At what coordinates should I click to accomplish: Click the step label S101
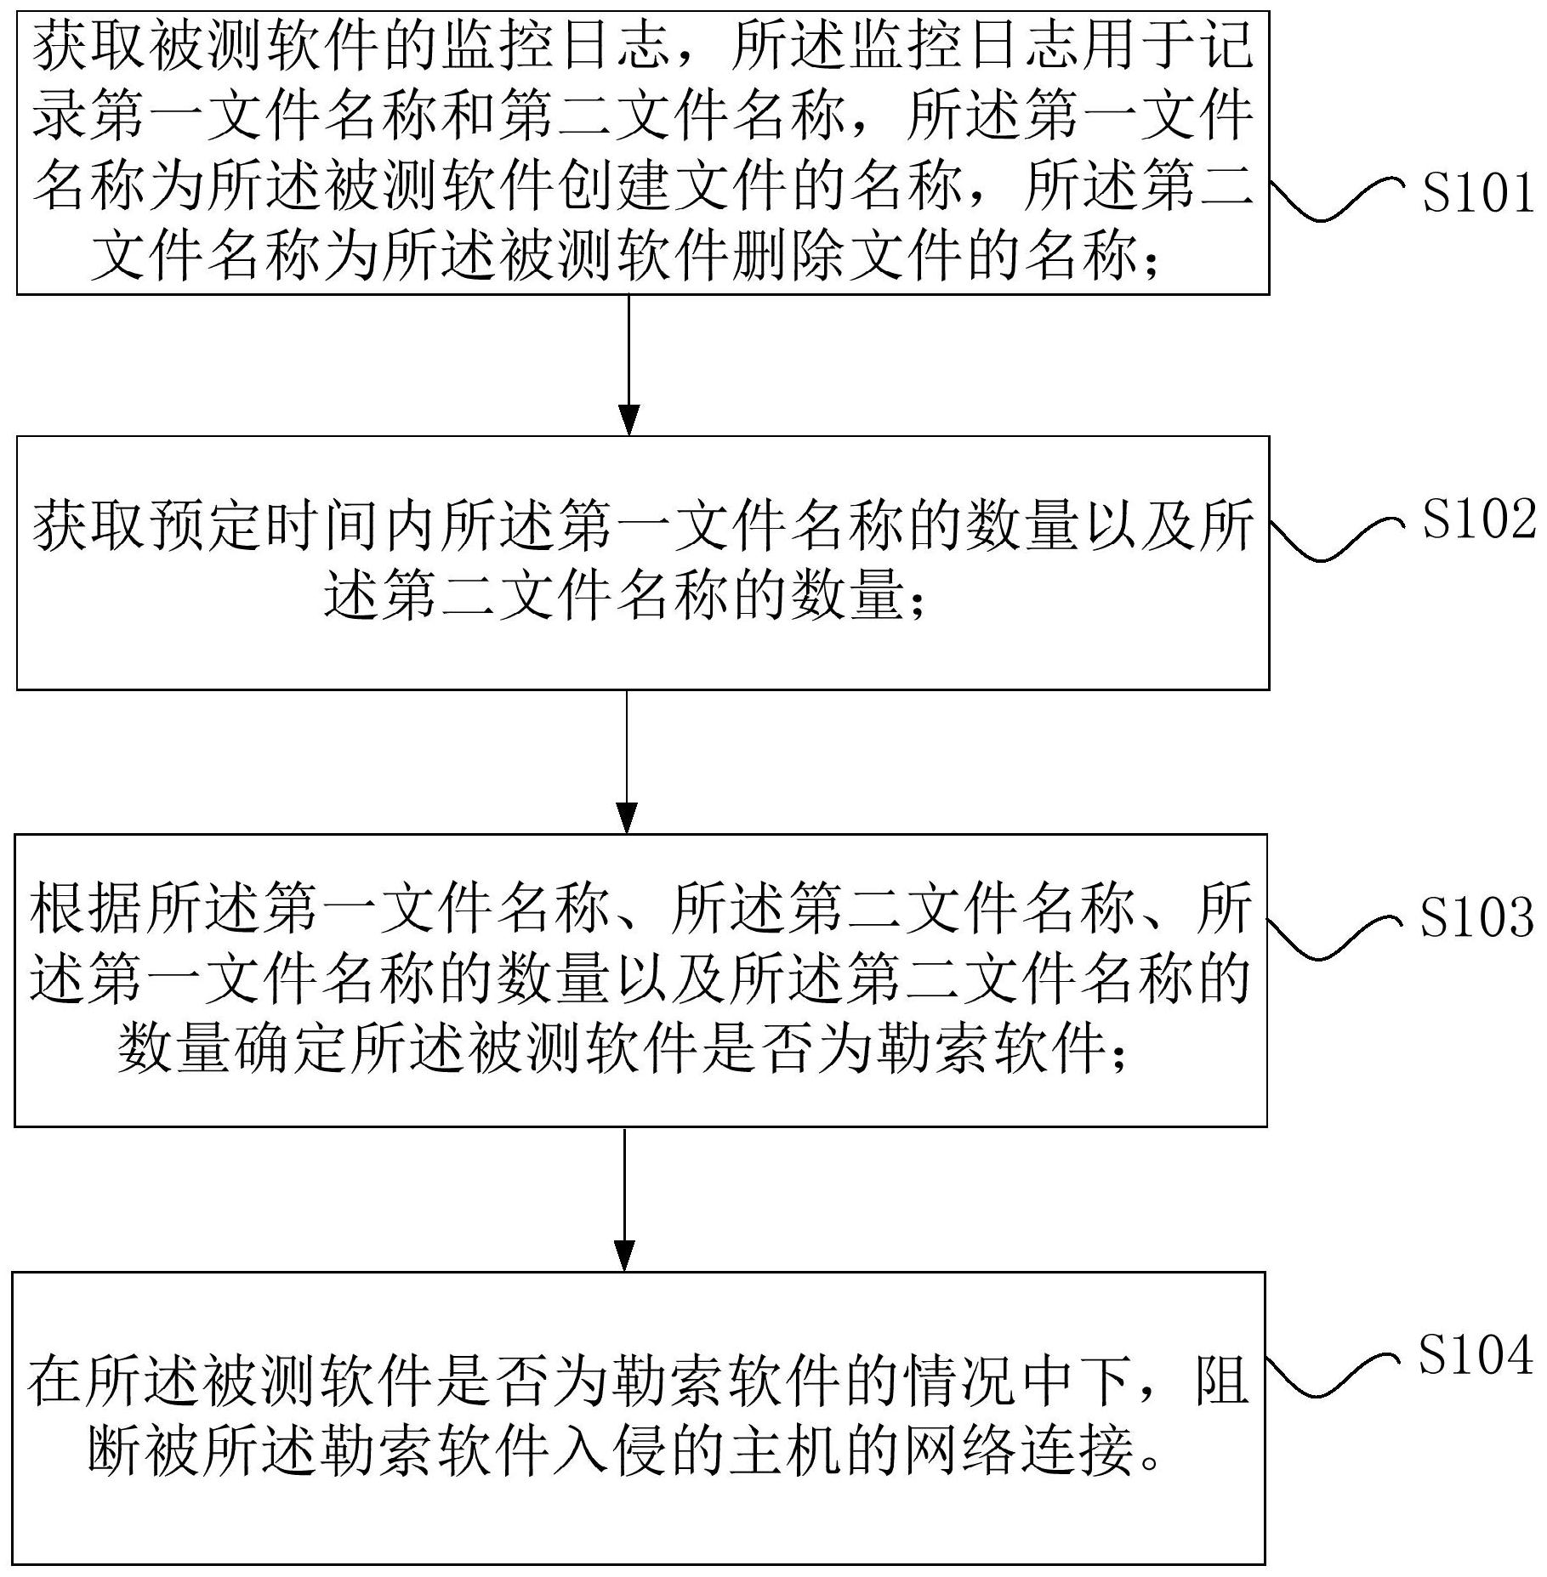coord(1479,195)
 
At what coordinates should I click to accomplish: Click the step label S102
coord(1479,519)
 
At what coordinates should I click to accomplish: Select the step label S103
coord(1477,918)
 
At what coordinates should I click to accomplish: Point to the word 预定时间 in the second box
coord(264,527)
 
